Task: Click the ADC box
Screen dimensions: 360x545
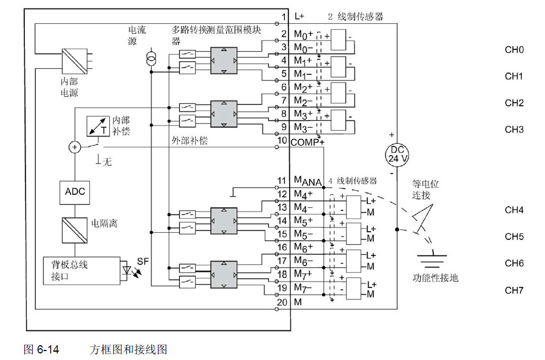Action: pos(75,191)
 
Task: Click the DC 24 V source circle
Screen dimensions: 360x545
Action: pos(397,154)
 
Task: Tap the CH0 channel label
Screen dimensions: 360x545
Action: pos(514,50)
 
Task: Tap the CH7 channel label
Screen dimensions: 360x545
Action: pos(514,290)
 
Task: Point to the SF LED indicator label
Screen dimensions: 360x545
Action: pos(142,261)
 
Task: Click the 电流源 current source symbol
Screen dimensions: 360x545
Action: pos(151,59)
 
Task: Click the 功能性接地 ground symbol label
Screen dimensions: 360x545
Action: pos(435,277)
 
